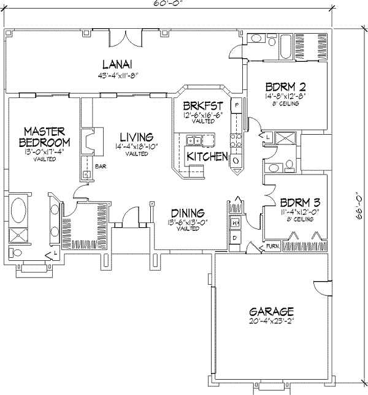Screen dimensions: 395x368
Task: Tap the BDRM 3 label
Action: pos(299,203)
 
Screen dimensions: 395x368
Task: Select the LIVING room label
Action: pos(136,137)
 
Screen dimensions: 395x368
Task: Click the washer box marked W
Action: pos(234,222)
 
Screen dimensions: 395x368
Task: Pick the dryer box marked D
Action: pos(234,236)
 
